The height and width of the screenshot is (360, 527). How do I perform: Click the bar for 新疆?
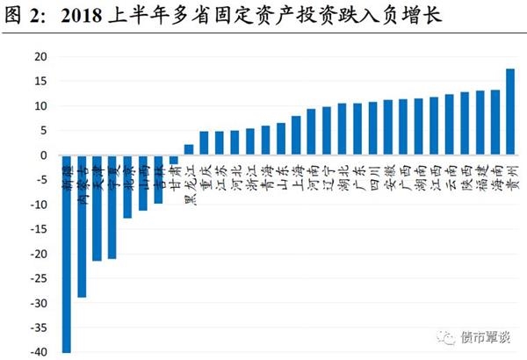point(67,254)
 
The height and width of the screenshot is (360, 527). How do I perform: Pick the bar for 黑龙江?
point(189,150)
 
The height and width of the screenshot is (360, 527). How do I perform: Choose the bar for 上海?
point(296,135)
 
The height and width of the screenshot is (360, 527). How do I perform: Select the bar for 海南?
point(495,122)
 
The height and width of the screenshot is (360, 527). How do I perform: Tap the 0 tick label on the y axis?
point(42,155)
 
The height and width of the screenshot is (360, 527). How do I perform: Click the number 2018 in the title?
point(86,17)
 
